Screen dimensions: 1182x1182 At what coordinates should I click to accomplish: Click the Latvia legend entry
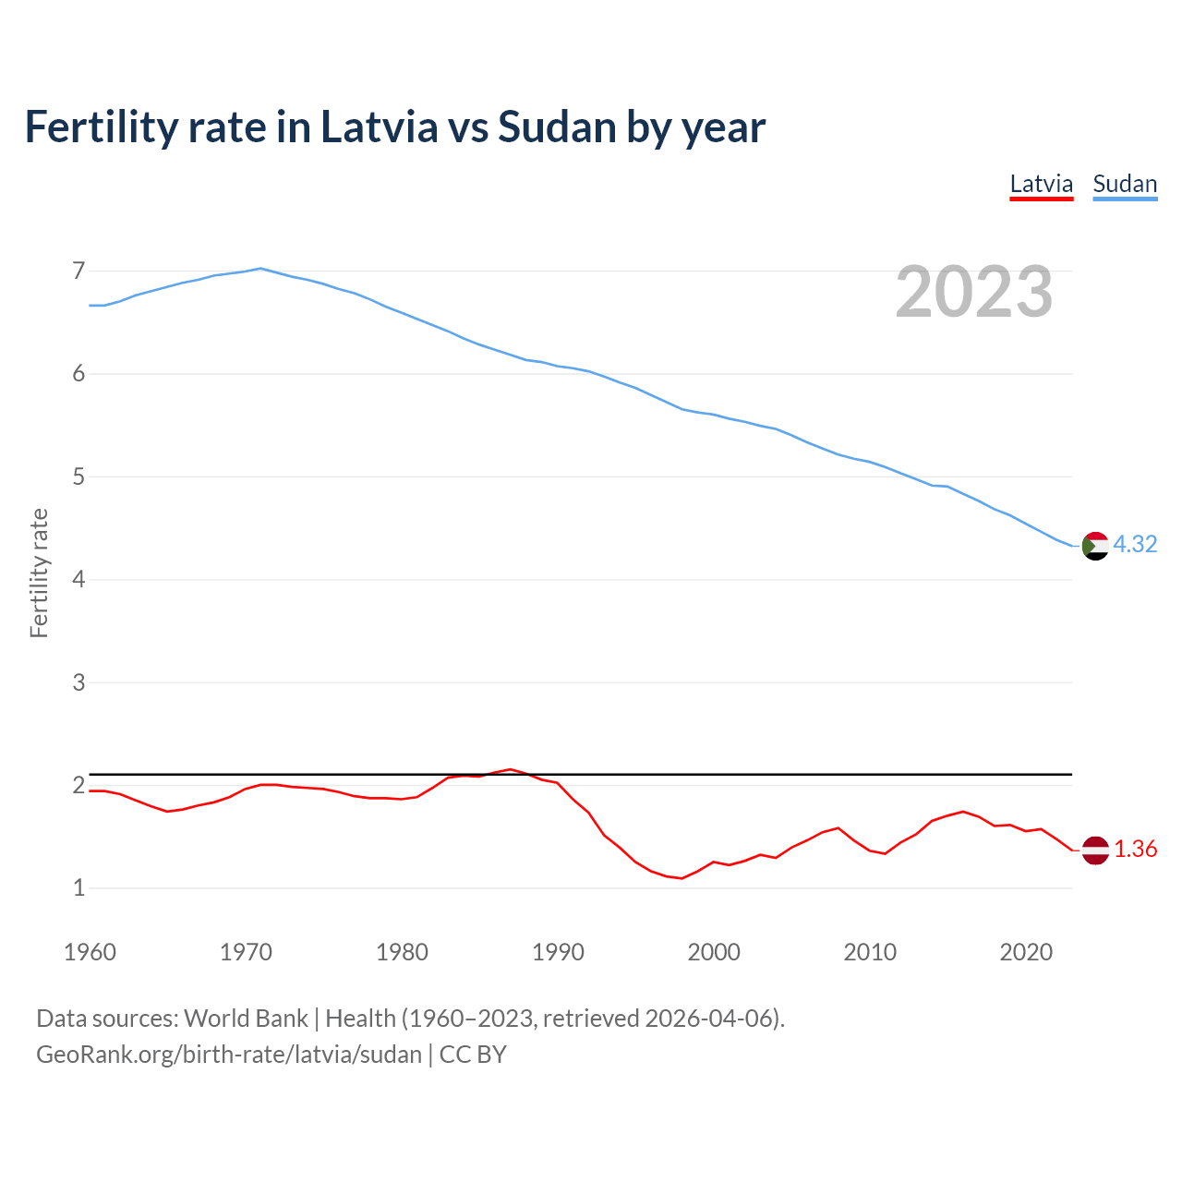pos(1041,184)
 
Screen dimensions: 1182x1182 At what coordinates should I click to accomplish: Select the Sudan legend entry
pos(1124,184)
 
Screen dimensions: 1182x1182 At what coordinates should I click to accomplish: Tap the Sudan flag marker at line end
pos(1094,546)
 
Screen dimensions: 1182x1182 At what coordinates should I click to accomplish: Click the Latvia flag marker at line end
pos(1094,850)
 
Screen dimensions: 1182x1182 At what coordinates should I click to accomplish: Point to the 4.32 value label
pos(1135,545)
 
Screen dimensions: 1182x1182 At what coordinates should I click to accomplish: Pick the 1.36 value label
pos(1135,850)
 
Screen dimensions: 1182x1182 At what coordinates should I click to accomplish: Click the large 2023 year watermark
pos(974,292)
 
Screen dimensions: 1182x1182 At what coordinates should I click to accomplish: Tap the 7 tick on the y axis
pos(78,271)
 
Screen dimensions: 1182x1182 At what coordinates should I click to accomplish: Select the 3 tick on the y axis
pos(78,683)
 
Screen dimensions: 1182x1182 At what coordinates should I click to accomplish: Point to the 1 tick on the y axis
pos(78,888)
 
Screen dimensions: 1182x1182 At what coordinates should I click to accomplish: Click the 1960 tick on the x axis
pos(90,952)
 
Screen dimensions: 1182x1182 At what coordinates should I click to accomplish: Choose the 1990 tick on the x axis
pos(558,952)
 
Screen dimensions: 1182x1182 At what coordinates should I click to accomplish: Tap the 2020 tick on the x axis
pos(1026,952)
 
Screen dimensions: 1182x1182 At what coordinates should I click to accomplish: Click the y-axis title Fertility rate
pos(39,573)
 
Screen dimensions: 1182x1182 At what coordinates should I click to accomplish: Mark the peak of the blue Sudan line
pos(260,269)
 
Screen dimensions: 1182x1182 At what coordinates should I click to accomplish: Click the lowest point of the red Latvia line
pos(681,878)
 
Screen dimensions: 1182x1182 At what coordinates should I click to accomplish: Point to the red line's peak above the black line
pos(510,769)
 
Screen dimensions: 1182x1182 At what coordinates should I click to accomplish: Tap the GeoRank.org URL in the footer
pos(229,1055)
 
